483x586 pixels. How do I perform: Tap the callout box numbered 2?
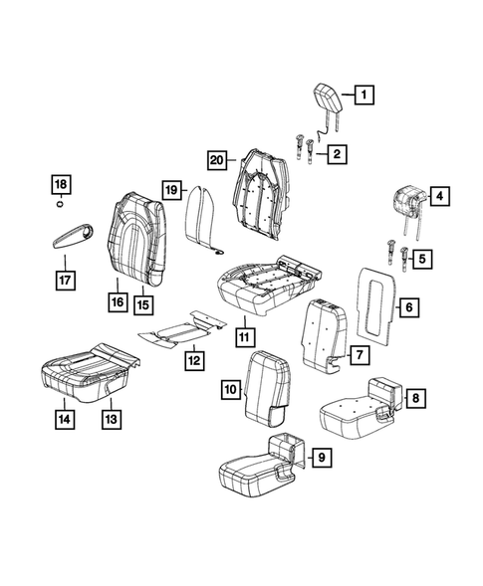(339, 153)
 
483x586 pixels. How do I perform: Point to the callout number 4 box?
(438, 198)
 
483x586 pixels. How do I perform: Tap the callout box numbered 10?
(243, 337)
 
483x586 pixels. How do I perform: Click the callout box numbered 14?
(65, 419)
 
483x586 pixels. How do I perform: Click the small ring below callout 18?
(62, 207)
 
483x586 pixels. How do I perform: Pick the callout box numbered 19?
(170, 189)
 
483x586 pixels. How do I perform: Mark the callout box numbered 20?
(218, 158)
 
